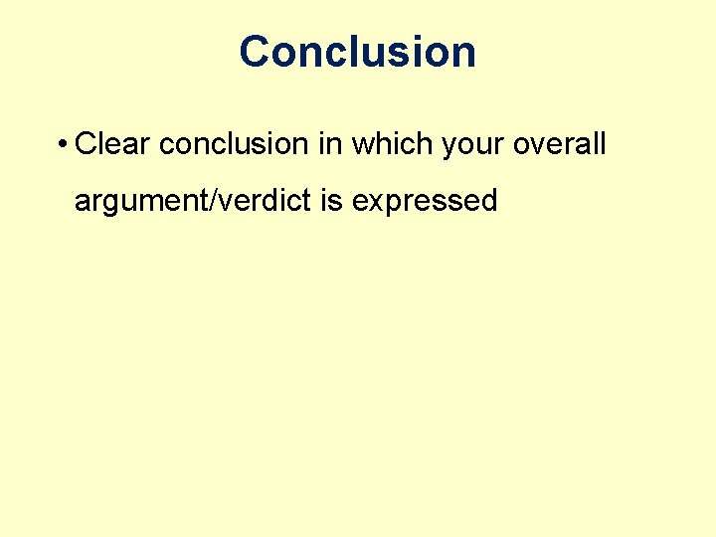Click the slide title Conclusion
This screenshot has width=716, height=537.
click(x=357, y=52)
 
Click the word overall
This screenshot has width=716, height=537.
click(x=560, y=144)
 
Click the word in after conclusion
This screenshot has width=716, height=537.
click(x=329, y=144)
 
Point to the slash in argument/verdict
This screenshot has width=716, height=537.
click(x=220, y=200)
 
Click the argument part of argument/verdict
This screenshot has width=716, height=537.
click(x=145, y=201)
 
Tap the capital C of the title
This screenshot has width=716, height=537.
click(x=256, y=52)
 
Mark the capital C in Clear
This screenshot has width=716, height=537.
click(x=86, y=144)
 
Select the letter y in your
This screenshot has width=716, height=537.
click(x=448, y=147)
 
